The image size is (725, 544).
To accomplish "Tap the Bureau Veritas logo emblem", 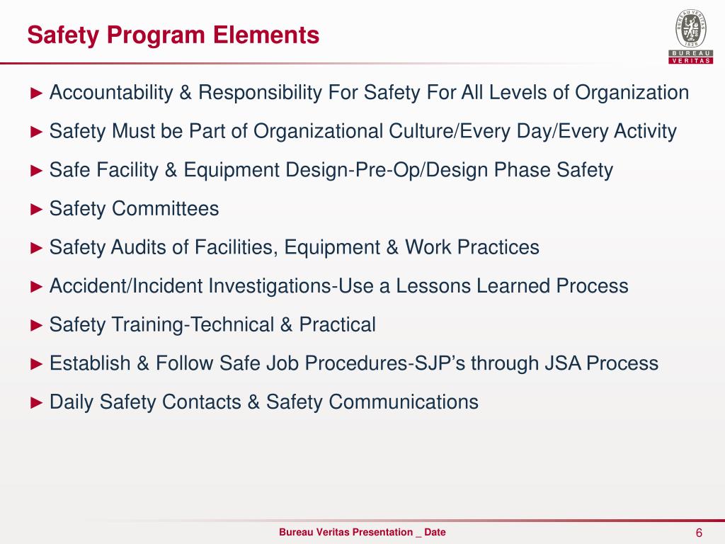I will pyautogui.click(x=691, y=30).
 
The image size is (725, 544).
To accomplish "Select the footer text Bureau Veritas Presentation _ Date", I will pyautogui.click(x=362, y=533).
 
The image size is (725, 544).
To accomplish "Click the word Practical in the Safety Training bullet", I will pyautogui.click(x=337, y=325).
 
